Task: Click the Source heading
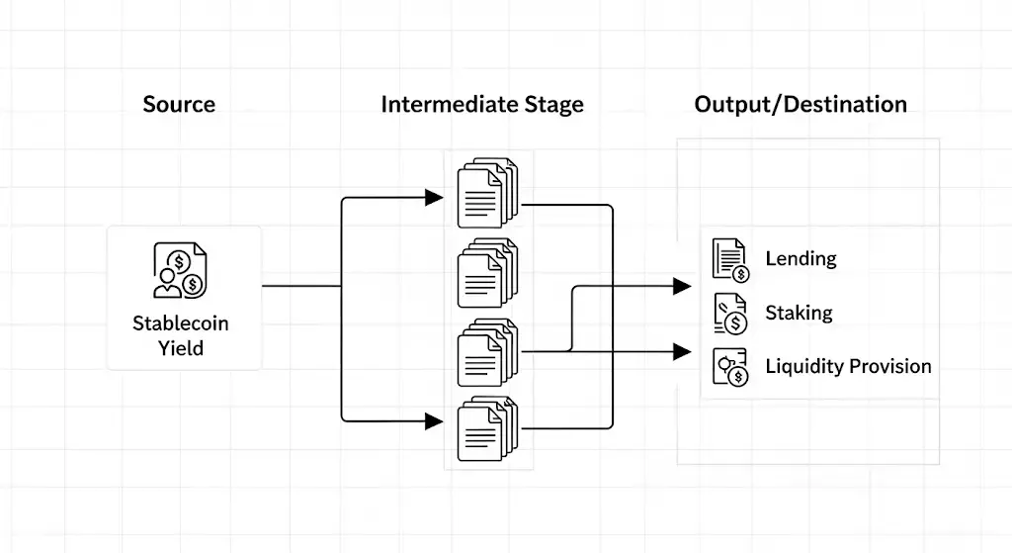(179, 104)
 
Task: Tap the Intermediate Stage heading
(482, 104)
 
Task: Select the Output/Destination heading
(801, 104)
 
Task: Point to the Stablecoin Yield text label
(180, 334)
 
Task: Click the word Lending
(801, 259)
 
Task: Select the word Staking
(799, 313)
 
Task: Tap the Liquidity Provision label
(848, 366)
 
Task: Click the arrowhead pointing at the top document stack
(433, 198)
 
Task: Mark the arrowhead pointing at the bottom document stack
(433, 420)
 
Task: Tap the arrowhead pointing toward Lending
(682, 287)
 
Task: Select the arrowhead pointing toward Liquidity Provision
(682, 350)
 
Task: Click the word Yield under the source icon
(180, 347)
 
